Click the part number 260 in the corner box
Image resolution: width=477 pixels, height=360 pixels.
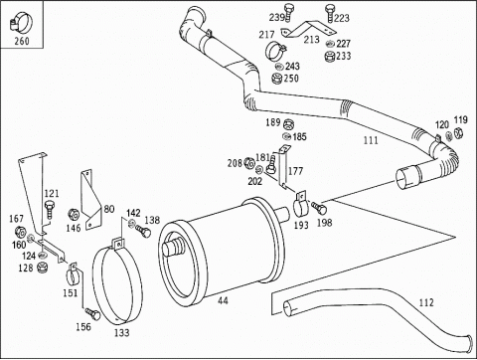tap(22, 41)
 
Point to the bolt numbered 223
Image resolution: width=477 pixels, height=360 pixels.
tap(330, 13)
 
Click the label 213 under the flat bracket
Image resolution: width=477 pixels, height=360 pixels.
tap(312, 40)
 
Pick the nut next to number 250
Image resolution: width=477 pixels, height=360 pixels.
tap(276, 79)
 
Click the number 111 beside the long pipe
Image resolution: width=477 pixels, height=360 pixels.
tap(371, 140)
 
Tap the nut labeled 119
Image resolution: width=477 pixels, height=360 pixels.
tap(458, 133)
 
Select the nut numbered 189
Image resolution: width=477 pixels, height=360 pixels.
tap(288, 124)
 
